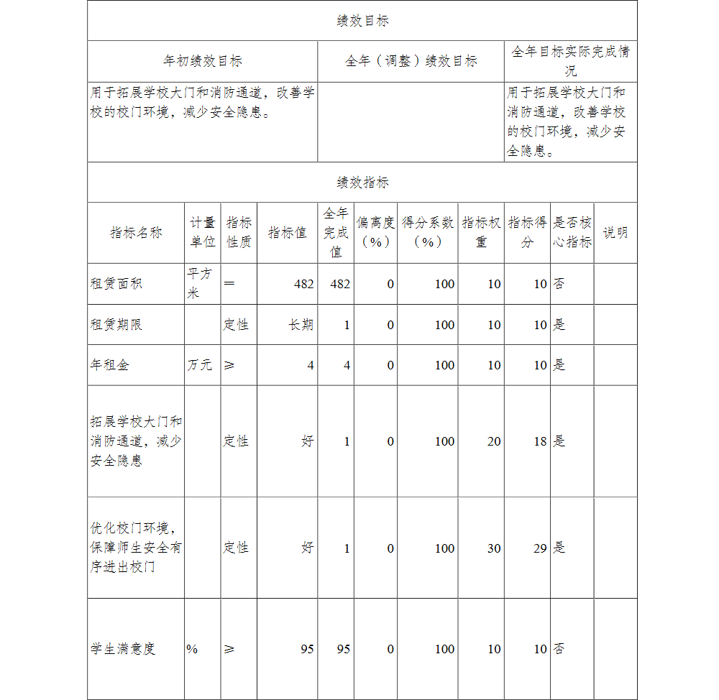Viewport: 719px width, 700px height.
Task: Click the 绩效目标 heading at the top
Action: coord(362,21)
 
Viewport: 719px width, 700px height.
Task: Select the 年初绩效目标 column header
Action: coord(203,61)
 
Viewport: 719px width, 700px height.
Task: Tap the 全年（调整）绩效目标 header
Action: coord(411,61)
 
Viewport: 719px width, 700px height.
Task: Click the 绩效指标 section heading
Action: coord(362,183)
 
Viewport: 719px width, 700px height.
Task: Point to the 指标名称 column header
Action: coord(136,233)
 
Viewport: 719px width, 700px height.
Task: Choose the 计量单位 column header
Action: coord(203,233)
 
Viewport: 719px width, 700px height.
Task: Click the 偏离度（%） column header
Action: coord(375,233)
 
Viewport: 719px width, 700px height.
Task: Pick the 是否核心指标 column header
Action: coord(572,233)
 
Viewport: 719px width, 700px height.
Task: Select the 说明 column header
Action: coord(615,233)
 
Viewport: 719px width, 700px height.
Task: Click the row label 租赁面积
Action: coord(116,284)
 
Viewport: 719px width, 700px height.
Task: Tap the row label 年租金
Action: coord(109,365)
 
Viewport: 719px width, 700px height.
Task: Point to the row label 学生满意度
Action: coord(122,649)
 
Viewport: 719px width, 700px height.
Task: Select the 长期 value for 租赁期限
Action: coord(301,325)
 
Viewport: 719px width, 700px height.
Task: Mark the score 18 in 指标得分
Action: coord(540,441)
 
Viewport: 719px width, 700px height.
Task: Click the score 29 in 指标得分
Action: coord(540,548)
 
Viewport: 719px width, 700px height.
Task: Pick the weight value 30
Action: coord(494,548)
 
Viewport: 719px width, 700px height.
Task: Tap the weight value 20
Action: coord(494,441)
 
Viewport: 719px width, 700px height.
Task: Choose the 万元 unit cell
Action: coord(200,365)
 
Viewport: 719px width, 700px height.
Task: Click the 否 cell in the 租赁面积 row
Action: coord(559,284)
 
